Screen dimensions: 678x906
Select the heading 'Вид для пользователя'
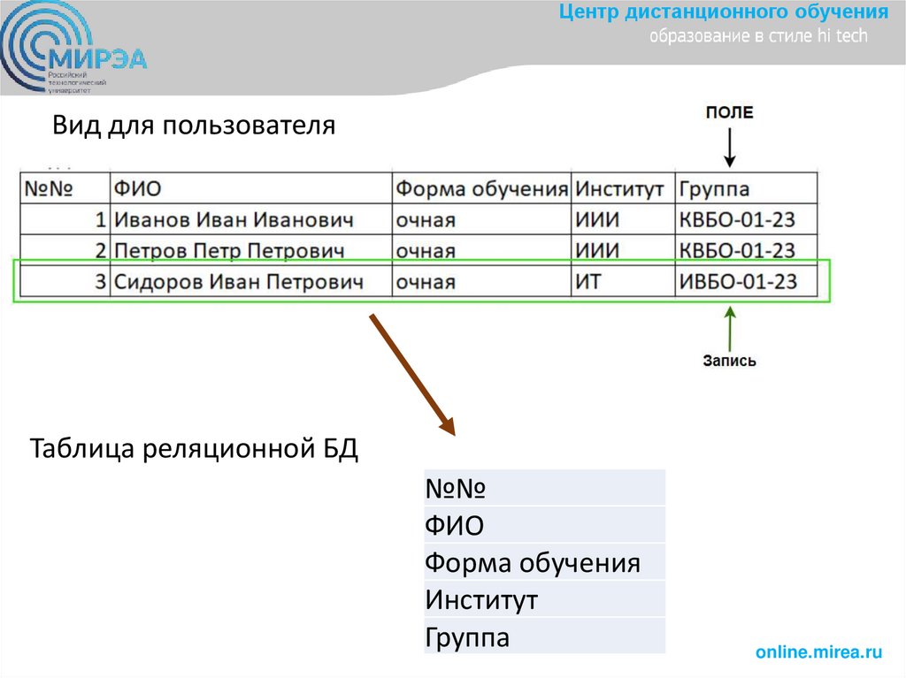point(194,126)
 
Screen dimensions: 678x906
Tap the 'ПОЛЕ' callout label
point(729,112)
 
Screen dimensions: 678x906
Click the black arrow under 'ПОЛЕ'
point(729,146)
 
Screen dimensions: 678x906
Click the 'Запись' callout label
point(729,361)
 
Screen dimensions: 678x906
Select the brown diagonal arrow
point(412,374)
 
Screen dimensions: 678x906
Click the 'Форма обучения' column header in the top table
point(481,188)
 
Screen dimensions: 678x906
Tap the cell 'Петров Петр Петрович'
point(229,251)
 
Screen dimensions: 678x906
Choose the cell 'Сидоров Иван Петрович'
point(239,282)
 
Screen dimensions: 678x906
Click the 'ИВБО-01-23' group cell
point(737,282)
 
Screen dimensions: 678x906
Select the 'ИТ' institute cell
point(588,282)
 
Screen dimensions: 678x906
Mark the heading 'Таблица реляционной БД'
point(195,448)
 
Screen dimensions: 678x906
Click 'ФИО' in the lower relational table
point(454,526)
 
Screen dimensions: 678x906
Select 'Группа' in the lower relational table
point(467,637)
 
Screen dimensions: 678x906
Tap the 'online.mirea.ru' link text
point(818,652)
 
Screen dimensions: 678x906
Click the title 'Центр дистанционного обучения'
point(724,12)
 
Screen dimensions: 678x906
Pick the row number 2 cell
point(100,251)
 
